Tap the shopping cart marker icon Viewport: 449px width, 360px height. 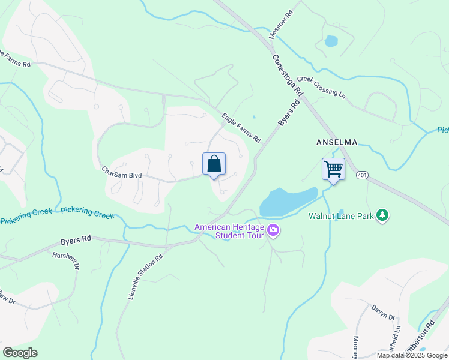tap(333, 169)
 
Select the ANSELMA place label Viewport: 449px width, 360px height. tap(337, 142)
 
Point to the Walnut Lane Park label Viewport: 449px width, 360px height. tap(340, 215)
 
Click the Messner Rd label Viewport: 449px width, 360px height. tap(281, 25)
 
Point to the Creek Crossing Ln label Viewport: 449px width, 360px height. tap(322, 87)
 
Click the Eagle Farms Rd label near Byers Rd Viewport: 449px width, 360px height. tap(241, 128)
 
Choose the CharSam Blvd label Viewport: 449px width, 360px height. tap(121, 172)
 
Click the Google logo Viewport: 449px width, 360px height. tap(20, 353)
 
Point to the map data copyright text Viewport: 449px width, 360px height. tap(412, 355)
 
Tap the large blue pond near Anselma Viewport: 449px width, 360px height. tap(287, 202)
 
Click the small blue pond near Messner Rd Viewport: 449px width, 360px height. tap(330, 41)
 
